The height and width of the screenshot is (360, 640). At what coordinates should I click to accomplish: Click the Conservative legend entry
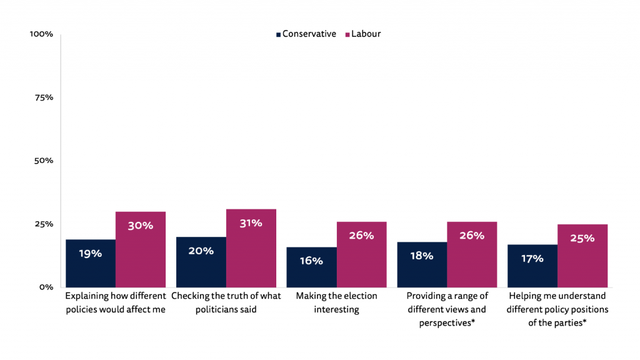point(306,34)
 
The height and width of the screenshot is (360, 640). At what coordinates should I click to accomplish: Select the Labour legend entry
point(362,34)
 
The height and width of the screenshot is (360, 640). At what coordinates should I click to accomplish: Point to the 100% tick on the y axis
point(41,34)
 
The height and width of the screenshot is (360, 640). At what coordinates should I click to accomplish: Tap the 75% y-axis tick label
point(43,97)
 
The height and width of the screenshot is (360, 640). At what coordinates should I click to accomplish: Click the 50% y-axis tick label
point(43,161)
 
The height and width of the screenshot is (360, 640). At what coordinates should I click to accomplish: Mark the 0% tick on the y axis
point(46,287)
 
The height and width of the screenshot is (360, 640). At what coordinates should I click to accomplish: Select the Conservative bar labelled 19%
point(91,263)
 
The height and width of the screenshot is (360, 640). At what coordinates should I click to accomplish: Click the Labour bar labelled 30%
point(141,249)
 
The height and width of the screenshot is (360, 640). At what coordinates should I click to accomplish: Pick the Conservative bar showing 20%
point(201,262)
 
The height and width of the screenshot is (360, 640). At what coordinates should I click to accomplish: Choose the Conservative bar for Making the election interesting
point(311,267)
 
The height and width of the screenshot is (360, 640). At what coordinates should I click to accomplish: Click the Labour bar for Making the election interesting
point(362,254)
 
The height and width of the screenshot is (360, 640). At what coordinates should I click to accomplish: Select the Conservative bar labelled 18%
point(422,264)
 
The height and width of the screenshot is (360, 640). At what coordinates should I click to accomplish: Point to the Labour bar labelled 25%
point(582,256)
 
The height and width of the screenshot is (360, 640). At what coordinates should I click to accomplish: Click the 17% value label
point(532,258)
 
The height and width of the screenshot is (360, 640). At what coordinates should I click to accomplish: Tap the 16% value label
point(311,261)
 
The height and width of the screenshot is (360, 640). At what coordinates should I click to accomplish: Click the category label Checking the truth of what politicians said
point(226,302)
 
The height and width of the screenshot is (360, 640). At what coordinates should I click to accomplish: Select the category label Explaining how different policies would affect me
point(116,302)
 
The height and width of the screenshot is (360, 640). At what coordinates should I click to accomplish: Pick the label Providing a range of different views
point(447,309)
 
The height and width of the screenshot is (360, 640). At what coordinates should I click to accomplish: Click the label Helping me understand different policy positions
point(557,309)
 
